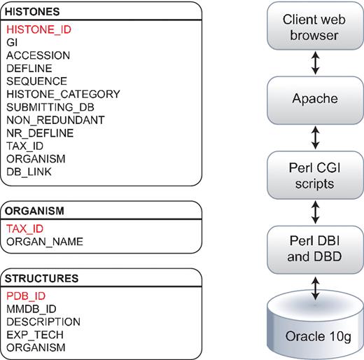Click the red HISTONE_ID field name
point(38,29)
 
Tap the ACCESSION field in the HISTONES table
point(38,55)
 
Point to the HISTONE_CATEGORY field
point(63,94)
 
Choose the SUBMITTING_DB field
point(52,106)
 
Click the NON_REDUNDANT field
point(55,120)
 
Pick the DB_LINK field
point(29,171)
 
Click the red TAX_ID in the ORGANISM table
point(24,228)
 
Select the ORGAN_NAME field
point(45,242)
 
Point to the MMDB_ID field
point(31,308)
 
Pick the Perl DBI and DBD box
point(315,249)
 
